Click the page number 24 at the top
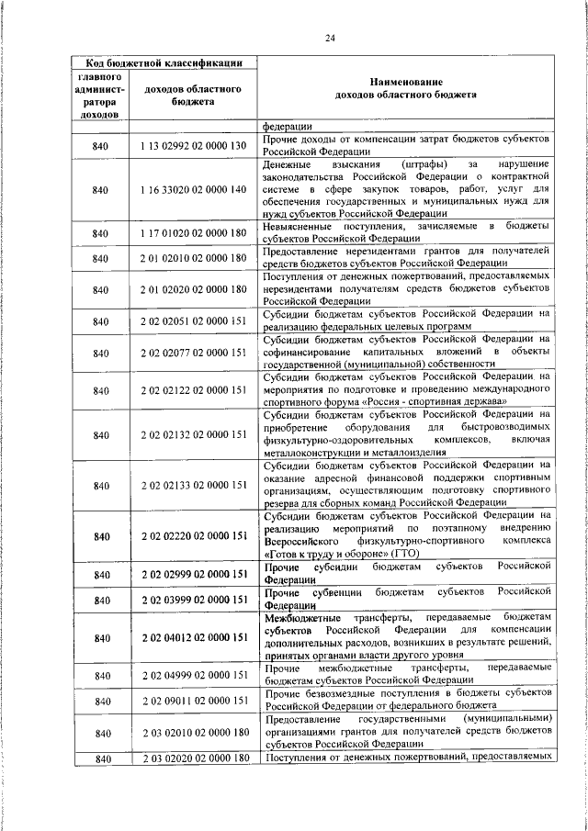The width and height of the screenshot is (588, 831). (x=330, y=37)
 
